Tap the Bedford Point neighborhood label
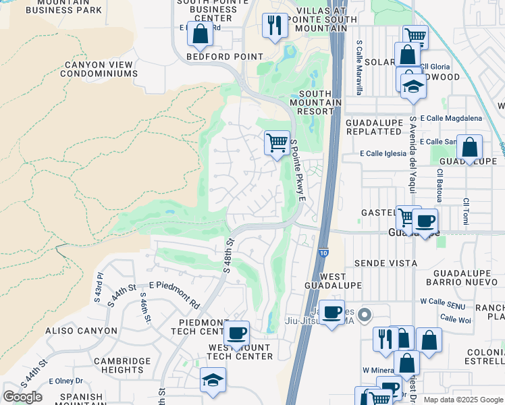(225, 57)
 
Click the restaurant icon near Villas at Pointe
(274, 26)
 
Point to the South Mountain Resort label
(319, 102)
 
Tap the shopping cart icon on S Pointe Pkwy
(277, 142)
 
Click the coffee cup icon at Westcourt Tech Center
(236, 333)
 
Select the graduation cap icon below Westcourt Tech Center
(213, 380)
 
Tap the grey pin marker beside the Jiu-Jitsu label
(365, 315)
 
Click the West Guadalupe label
(333, 282)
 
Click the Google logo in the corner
(22, 397)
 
